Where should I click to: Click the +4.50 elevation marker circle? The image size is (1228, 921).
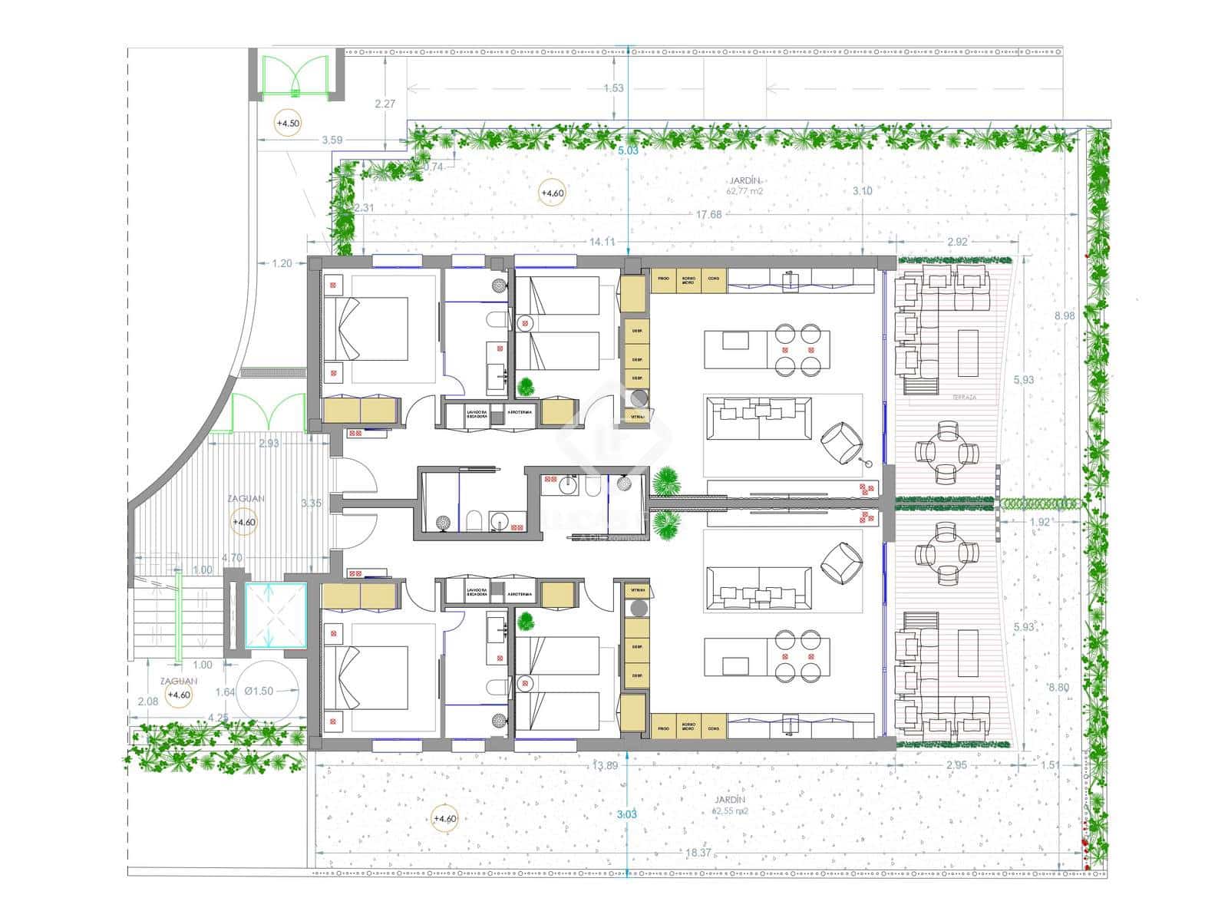[x=289, y=123]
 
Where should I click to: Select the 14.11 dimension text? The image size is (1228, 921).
[x=602, y=242]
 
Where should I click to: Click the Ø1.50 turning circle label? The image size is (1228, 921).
[x=259, y=691]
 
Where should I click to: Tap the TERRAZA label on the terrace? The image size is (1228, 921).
[x=964, y=398]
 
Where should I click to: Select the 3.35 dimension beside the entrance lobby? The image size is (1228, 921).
[x=312, y=503]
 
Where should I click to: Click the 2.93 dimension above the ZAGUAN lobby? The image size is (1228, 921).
[x=269, y=444]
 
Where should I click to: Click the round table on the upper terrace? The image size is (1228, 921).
[x=948, y=452]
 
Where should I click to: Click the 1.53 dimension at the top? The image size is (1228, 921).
[x=613, y=88]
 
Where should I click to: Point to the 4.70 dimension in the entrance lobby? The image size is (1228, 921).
[x=232, y=558]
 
